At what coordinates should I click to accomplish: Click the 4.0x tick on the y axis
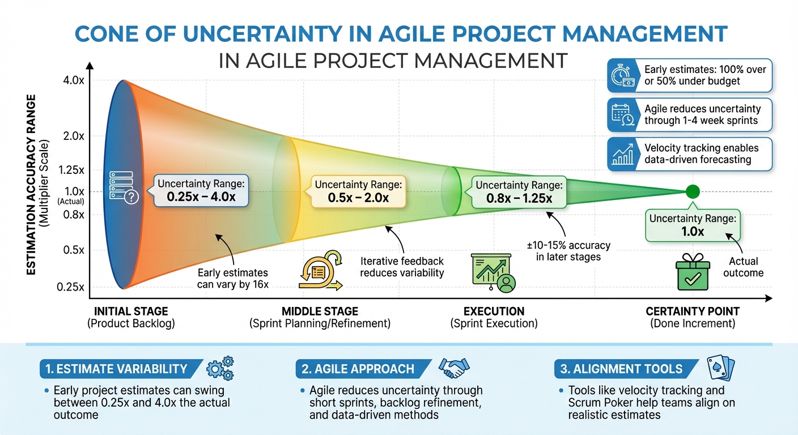point(73,81)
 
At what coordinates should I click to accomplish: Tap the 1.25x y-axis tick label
point(71,170)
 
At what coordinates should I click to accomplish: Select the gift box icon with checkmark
point(692,276)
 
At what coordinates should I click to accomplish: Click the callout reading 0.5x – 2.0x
point(358,191)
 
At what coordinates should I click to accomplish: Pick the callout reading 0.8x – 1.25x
point(518,191)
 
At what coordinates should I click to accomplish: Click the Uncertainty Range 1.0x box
point(692,224)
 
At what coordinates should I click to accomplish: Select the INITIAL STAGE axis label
point(131,312)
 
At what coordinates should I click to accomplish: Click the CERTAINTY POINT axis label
point(693,312)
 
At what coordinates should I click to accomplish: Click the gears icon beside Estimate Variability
point(220,369)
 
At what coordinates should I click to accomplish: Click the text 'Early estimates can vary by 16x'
point(233,279)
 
